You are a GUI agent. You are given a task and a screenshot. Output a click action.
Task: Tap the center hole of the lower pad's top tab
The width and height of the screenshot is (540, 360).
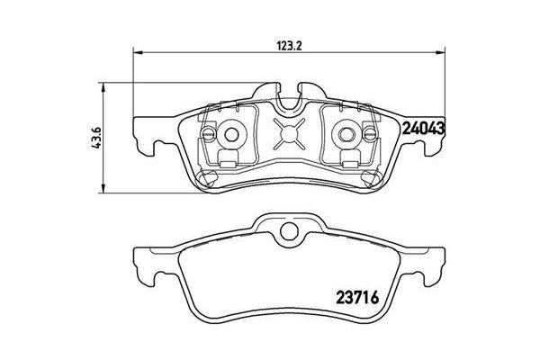[289, 237]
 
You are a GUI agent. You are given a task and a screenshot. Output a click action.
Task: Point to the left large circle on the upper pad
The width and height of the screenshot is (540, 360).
[230, 136]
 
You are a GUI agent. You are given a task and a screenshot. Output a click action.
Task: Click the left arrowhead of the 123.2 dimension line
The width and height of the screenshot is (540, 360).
[137, 50]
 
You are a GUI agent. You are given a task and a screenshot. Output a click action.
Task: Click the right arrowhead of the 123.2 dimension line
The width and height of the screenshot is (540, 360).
[442, 50]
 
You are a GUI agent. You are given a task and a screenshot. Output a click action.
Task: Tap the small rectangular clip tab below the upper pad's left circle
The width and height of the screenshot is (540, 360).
[230, 163]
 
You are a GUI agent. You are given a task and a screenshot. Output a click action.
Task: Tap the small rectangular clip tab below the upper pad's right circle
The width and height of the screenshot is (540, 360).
[347, 163]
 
